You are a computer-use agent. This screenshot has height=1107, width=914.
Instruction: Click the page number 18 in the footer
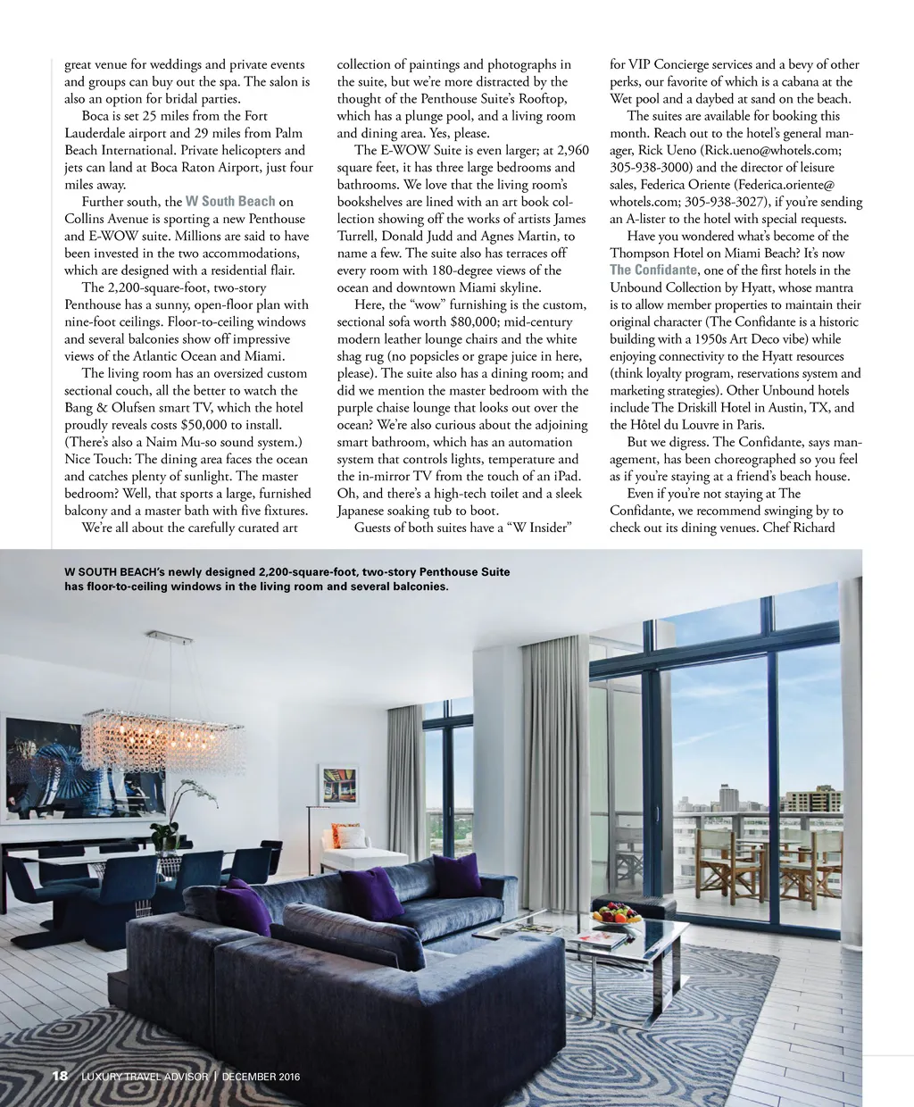click(x=60, y=1076)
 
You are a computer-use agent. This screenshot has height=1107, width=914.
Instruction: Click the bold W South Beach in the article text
click(x=230, y=202)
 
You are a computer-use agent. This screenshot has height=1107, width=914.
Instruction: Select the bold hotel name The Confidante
click(x=653, y=271)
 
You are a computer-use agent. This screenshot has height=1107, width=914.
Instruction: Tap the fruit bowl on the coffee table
click(x=619, y=914)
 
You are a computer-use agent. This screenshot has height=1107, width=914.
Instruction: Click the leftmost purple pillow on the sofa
click(x=246, y=905)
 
